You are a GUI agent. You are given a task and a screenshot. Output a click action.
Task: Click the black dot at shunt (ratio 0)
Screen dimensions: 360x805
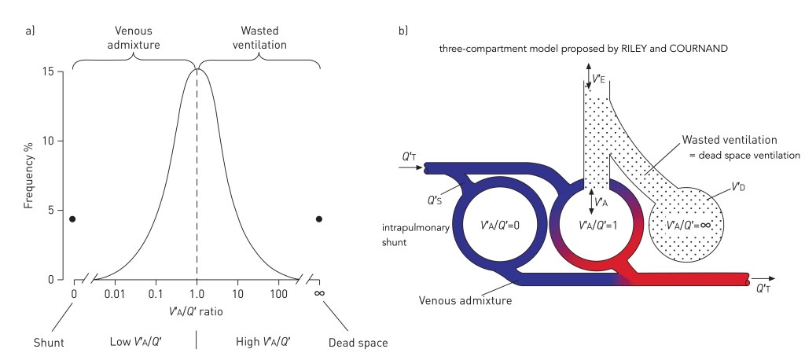coord(72,219)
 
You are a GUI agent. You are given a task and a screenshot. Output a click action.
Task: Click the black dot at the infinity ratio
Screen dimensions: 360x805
coord(319,219)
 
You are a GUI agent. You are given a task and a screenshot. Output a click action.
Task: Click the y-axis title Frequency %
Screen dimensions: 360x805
coord(28,175)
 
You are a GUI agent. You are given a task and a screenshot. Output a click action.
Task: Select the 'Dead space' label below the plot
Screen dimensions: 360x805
coord(358,343)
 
